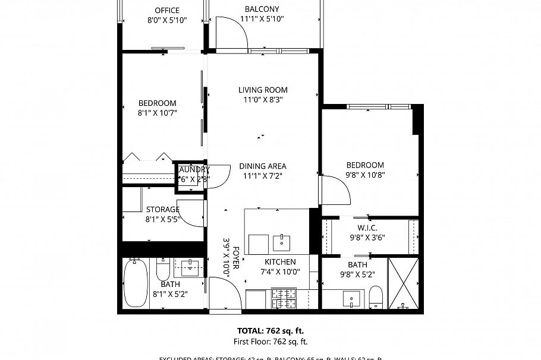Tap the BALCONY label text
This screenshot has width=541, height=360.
coord(262,9)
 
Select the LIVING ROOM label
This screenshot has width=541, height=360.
coord(263,90)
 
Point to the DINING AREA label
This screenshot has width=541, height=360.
coord(263,166)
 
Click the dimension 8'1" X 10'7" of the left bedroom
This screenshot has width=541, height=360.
coord(158,112)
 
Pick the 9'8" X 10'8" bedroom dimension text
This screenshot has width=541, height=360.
coord(366,175)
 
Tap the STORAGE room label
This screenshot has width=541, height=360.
coord(162,210)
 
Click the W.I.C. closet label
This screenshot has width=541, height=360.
coord(367,228)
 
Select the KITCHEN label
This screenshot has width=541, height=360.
coord(280,262)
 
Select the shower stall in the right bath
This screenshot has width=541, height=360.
coord(403,283)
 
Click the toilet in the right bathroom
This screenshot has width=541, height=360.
coord(376,296)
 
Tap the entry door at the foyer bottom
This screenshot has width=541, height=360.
coord(225,294)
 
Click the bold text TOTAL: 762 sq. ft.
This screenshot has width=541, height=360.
coord(270,331)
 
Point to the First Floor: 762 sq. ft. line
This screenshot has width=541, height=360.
coord(270,342)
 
